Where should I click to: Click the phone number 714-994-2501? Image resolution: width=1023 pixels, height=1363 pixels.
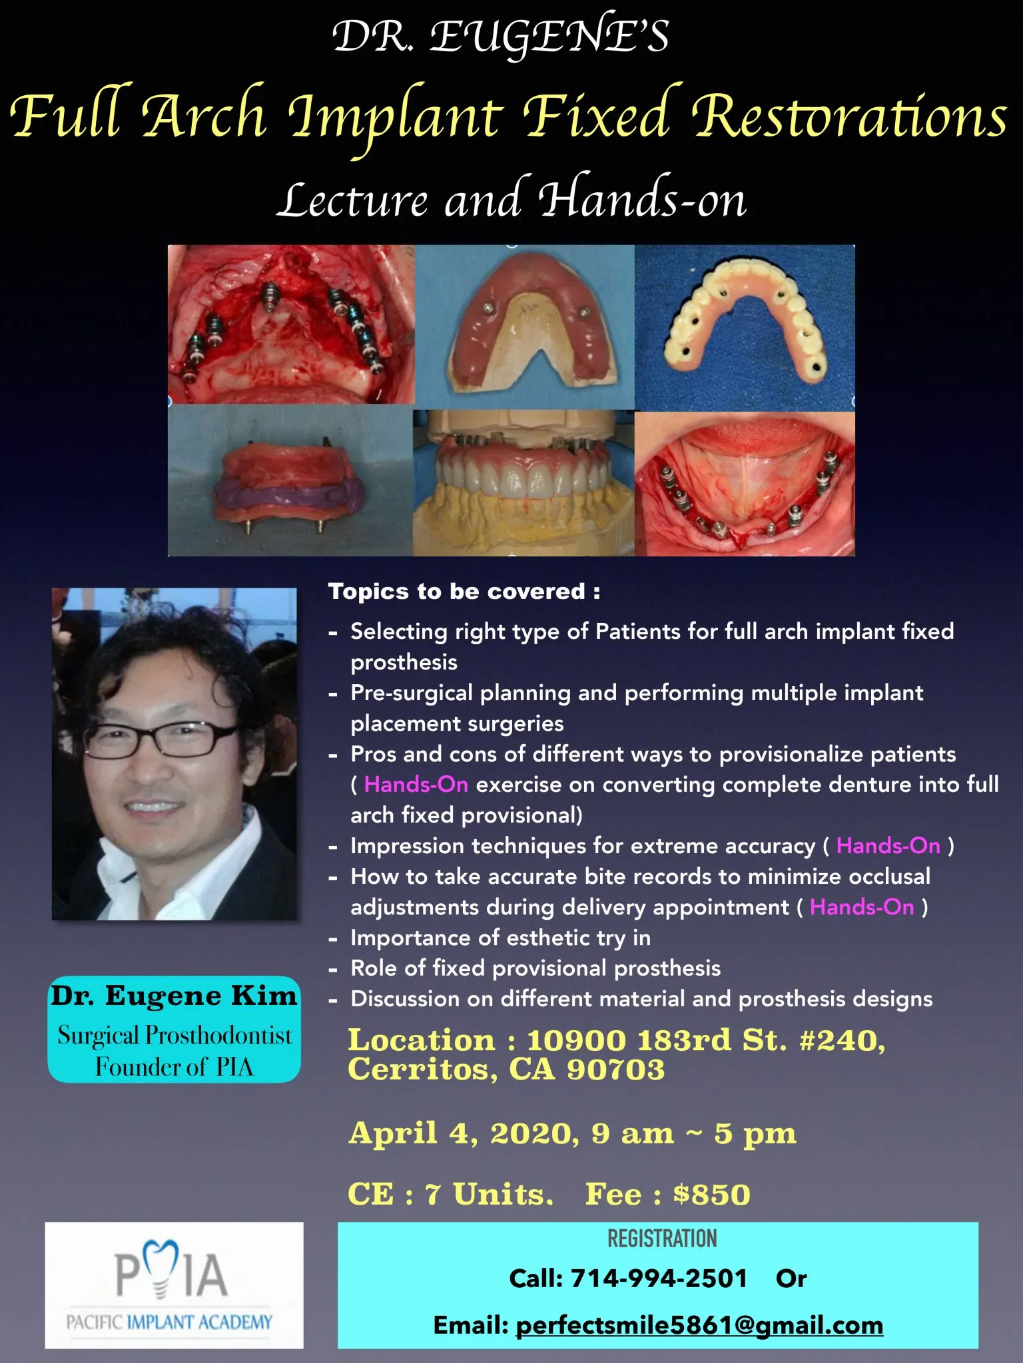(659, 1278)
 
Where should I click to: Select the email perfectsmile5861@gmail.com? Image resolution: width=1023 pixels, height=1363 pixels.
(699, 1326)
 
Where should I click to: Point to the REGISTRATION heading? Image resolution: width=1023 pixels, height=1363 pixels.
(662, 1238)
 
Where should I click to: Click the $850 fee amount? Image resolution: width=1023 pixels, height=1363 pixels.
(711, 1194)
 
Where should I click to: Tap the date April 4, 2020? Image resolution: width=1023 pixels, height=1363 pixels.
(463, 1133)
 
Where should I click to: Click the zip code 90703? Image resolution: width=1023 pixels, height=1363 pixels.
(615, 1069)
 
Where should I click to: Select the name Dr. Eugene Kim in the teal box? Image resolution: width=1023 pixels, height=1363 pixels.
(174, 995)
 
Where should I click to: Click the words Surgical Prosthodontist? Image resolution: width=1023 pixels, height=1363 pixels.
(174, 1035)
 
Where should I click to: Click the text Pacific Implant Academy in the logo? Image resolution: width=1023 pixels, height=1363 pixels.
(169, 1322)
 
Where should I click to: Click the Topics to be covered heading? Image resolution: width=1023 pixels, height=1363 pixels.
(464, 591)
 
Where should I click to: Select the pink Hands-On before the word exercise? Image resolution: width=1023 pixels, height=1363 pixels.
(416, 785)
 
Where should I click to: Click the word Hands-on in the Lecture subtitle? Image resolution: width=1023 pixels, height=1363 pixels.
(642, 197)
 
